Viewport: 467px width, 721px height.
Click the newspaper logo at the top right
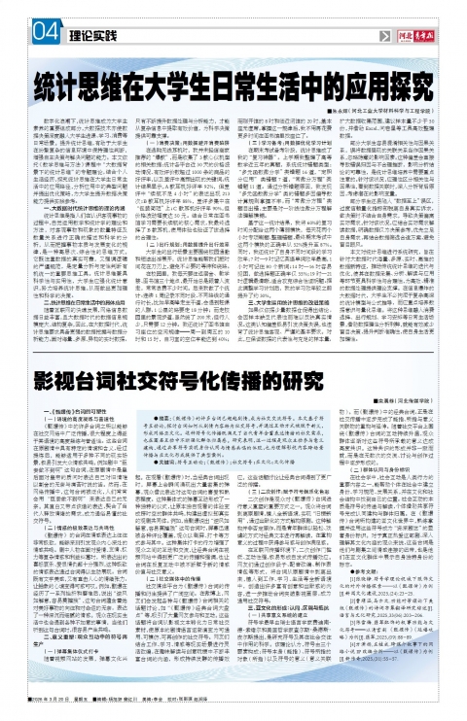coord(419,31)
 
